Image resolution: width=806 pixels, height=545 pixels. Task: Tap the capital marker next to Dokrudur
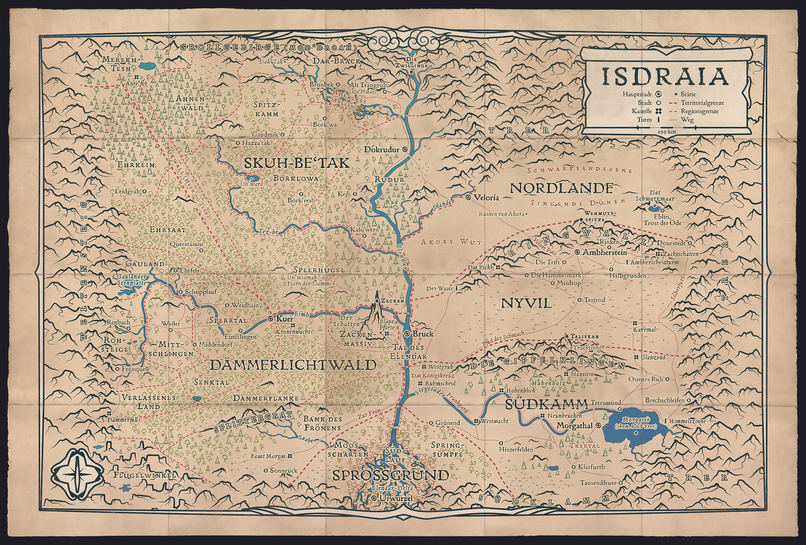pyautogui.click(x=404, y=150)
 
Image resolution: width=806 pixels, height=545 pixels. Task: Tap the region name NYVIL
pyautogui.click(x=526, y=304)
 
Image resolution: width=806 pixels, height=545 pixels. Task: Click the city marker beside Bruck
pyautogui.click(x=407, y=334)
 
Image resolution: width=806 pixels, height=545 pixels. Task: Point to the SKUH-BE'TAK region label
pyautogui.click(x=296, y=163)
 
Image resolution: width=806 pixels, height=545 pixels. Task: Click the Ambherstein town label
pyautogui.click(x=604, y=252)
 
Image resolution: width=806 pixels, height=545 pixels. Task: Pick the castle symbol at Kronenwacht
pyautogui.click(x=293, y=326)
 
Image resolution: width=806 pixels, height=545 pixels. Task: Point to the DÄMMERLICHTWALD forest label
pyautogui.click(x=293, y=365)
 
